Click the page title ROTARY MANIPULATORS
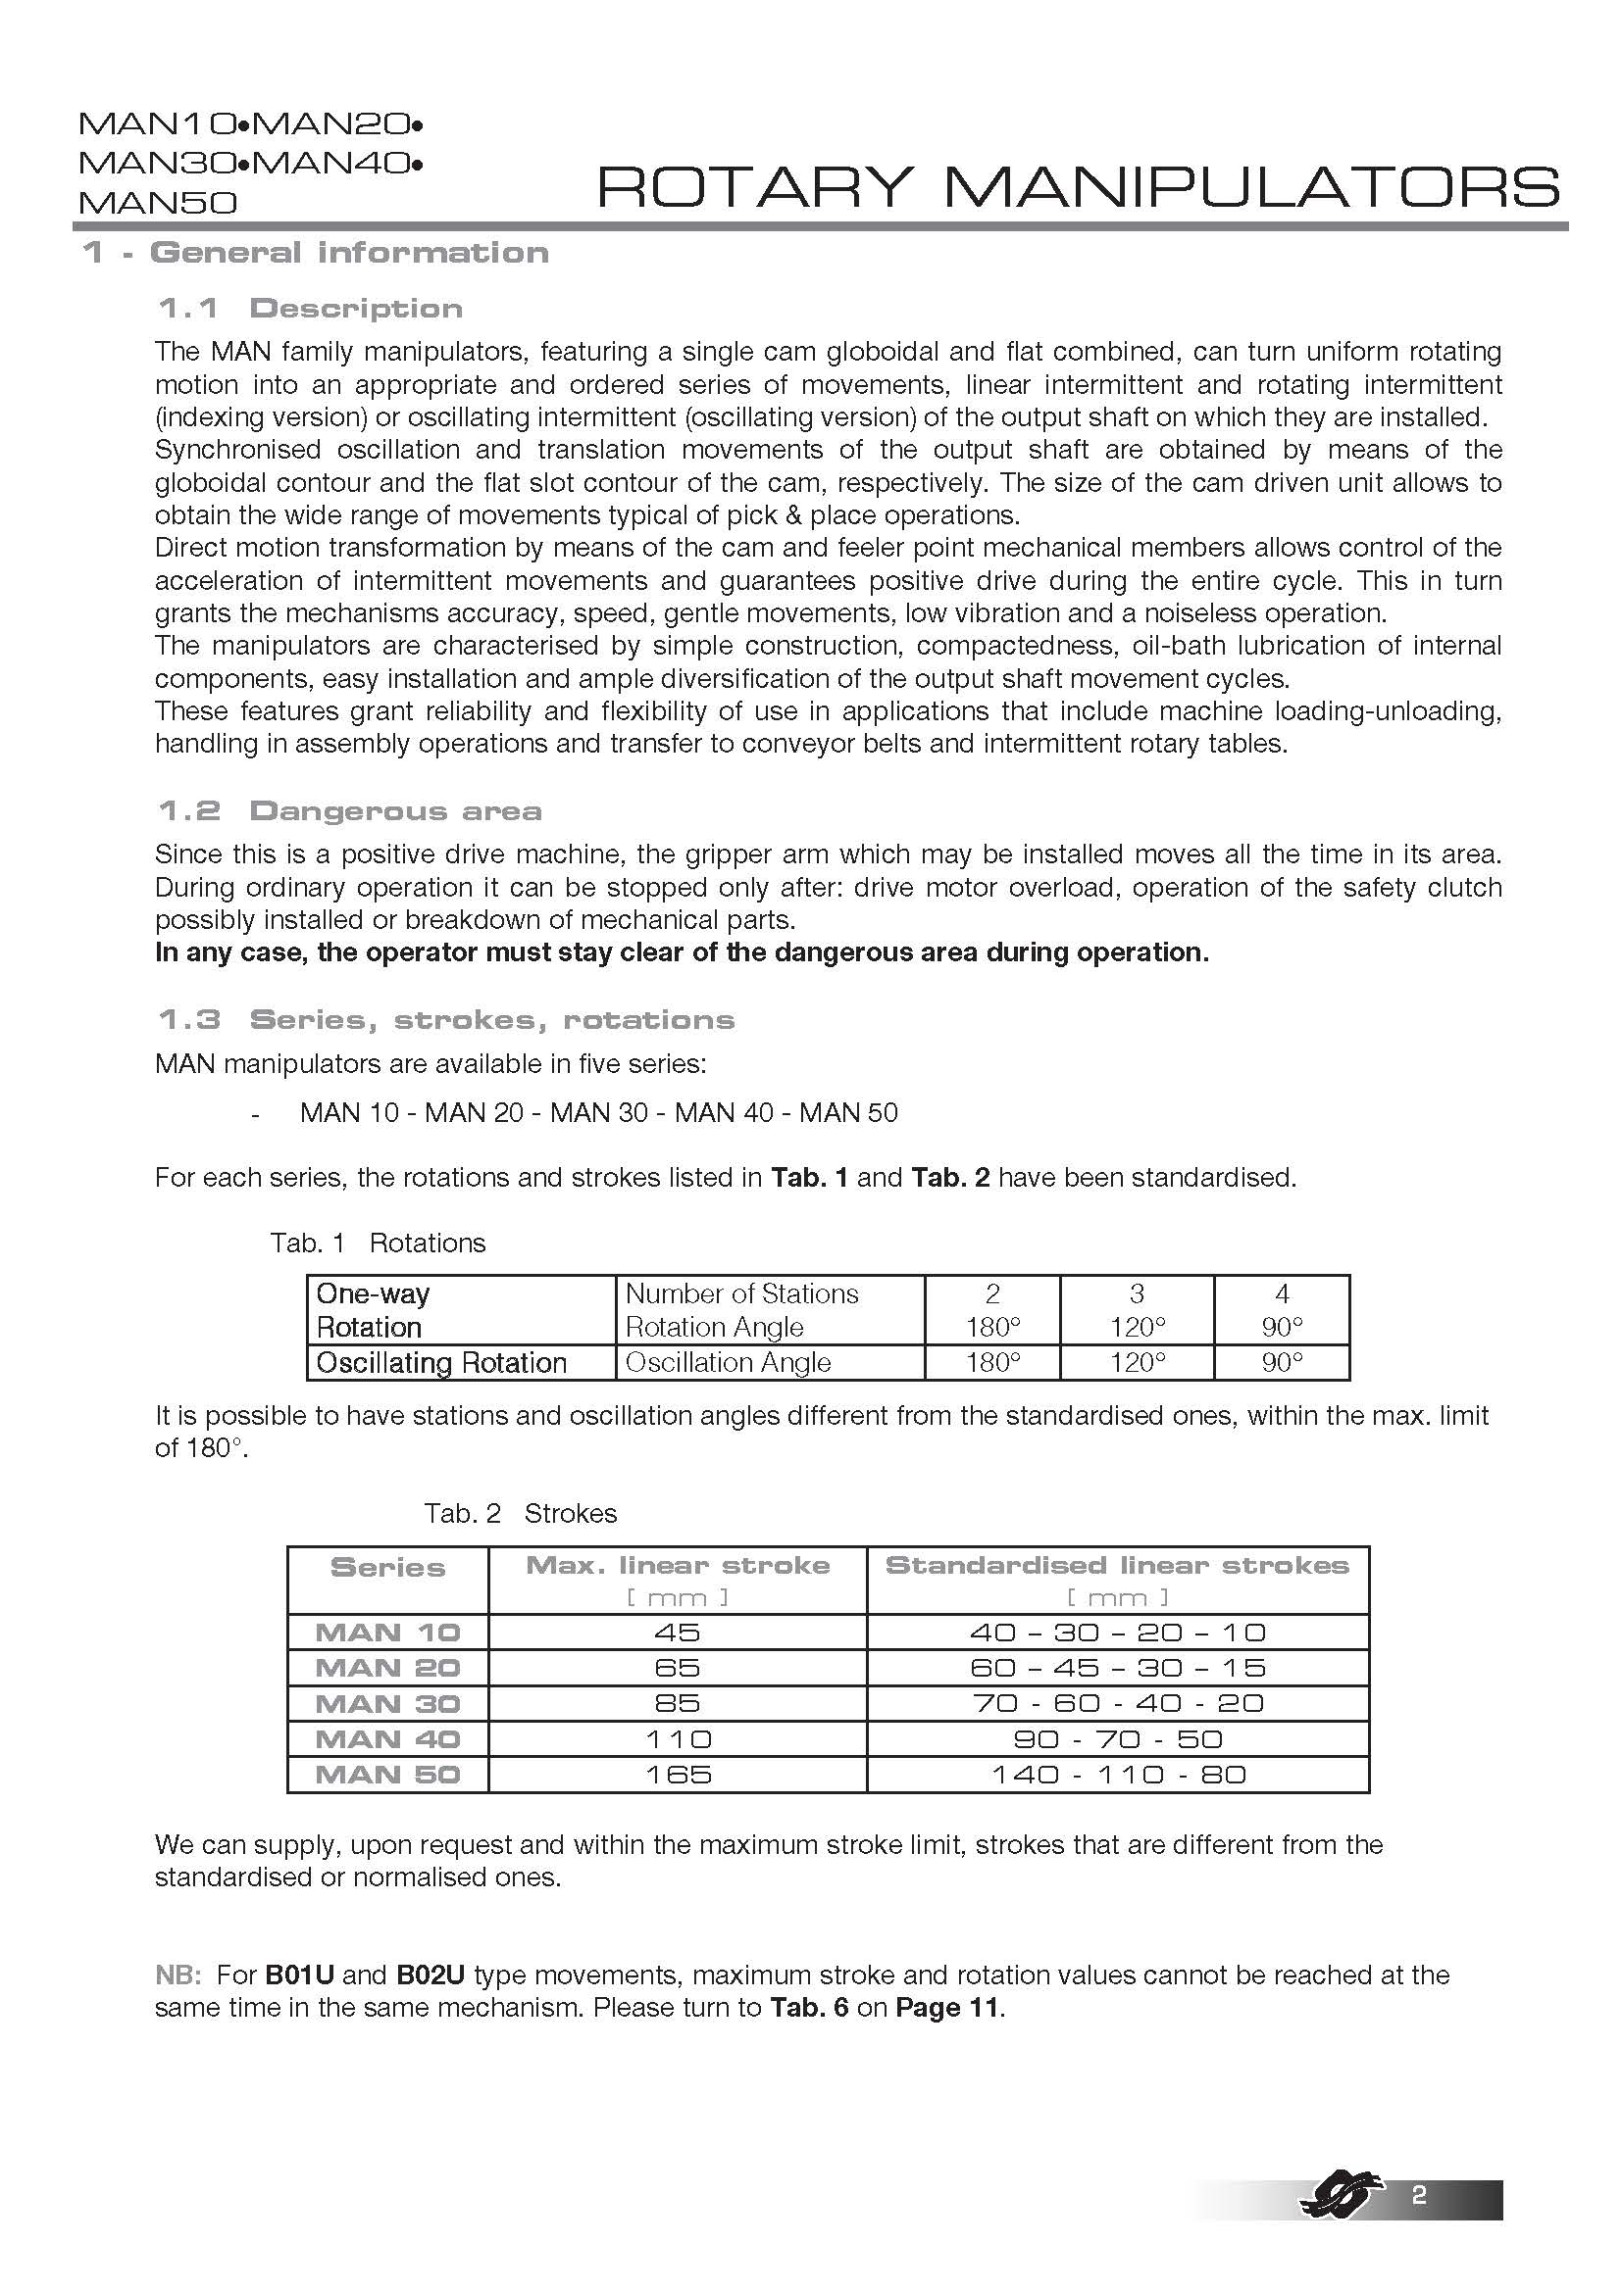click(1077, 187)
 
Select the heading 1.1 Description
click(310, 309)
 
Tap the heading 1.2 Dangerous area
click(348, 810)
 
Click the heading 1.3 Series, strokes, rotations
click(445, 1019)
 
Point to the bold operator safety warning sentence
click(682, 952)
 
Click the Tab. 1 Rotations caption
click(378, 1243)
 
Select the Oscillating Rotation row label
click(441, 1363)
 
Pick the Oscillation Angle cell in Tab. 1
click(728, 1363)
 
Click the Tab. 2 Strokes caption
click(521, 1513)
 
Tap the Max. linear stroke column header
click(678, 1565)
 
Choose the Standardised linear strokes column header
click(1117, 1565)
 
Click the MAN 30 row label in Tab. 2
click(387, 1703)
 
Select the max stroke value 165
click(678, 1774)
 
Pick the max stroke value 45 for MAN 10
click(678, 1633)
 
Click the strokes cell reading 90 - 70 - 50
click(1117, 1739)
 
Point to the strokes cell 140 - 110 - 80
click(1117, 1774)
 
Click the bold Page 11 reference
click(947, 2008)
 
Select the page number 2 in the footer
click(1418, 2195)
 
